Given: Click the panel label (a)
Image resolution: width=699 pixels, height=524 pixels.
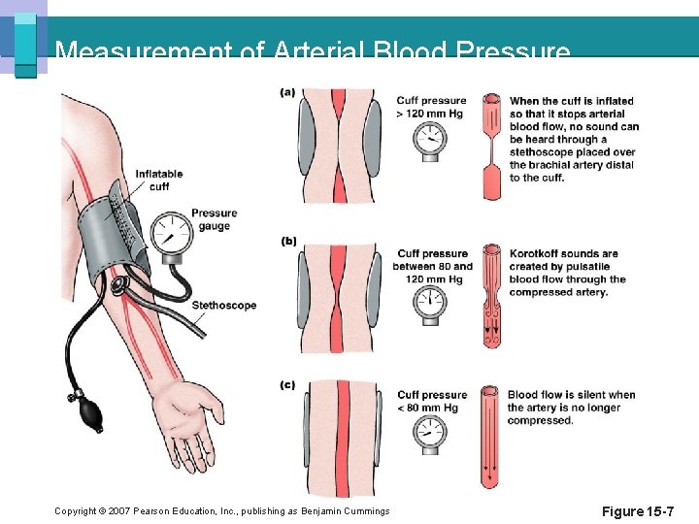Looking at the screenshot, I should pos(288,92).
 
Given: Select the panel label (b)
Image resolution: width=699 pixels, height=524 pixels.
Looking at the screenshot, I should pos(288,241).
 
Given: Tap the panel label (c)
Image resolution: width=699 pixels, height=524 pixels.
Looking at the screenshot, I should pos(288,385).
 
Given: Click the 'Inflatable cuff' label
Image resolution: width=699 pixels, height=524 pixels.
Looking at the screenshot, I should pos(159,180).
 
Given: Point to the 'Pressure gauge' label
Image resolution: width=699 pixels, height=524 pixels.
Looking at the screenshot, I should pos(214,219).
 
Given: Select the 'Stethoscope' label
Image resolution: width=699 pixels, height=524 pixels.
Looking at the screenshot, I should pos(224,306).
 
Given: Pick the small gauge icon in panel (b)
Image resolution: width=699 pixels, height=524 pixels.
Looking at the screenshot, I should pos(428,303).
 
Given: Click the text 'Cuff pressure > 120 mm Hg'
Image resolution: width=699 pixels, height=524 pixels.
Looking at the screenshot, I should pos(431,107).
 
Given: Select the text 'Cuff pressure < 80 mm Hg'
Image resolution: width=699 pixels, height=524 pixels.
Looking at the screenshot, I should pos(431,401).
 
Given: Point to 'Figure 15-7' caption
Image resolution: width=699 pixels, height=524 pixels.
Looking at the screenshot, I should pos(638,510).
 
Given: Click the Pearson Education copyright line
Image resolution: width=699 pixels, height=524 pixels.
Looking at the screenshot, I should pos(222,511).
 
